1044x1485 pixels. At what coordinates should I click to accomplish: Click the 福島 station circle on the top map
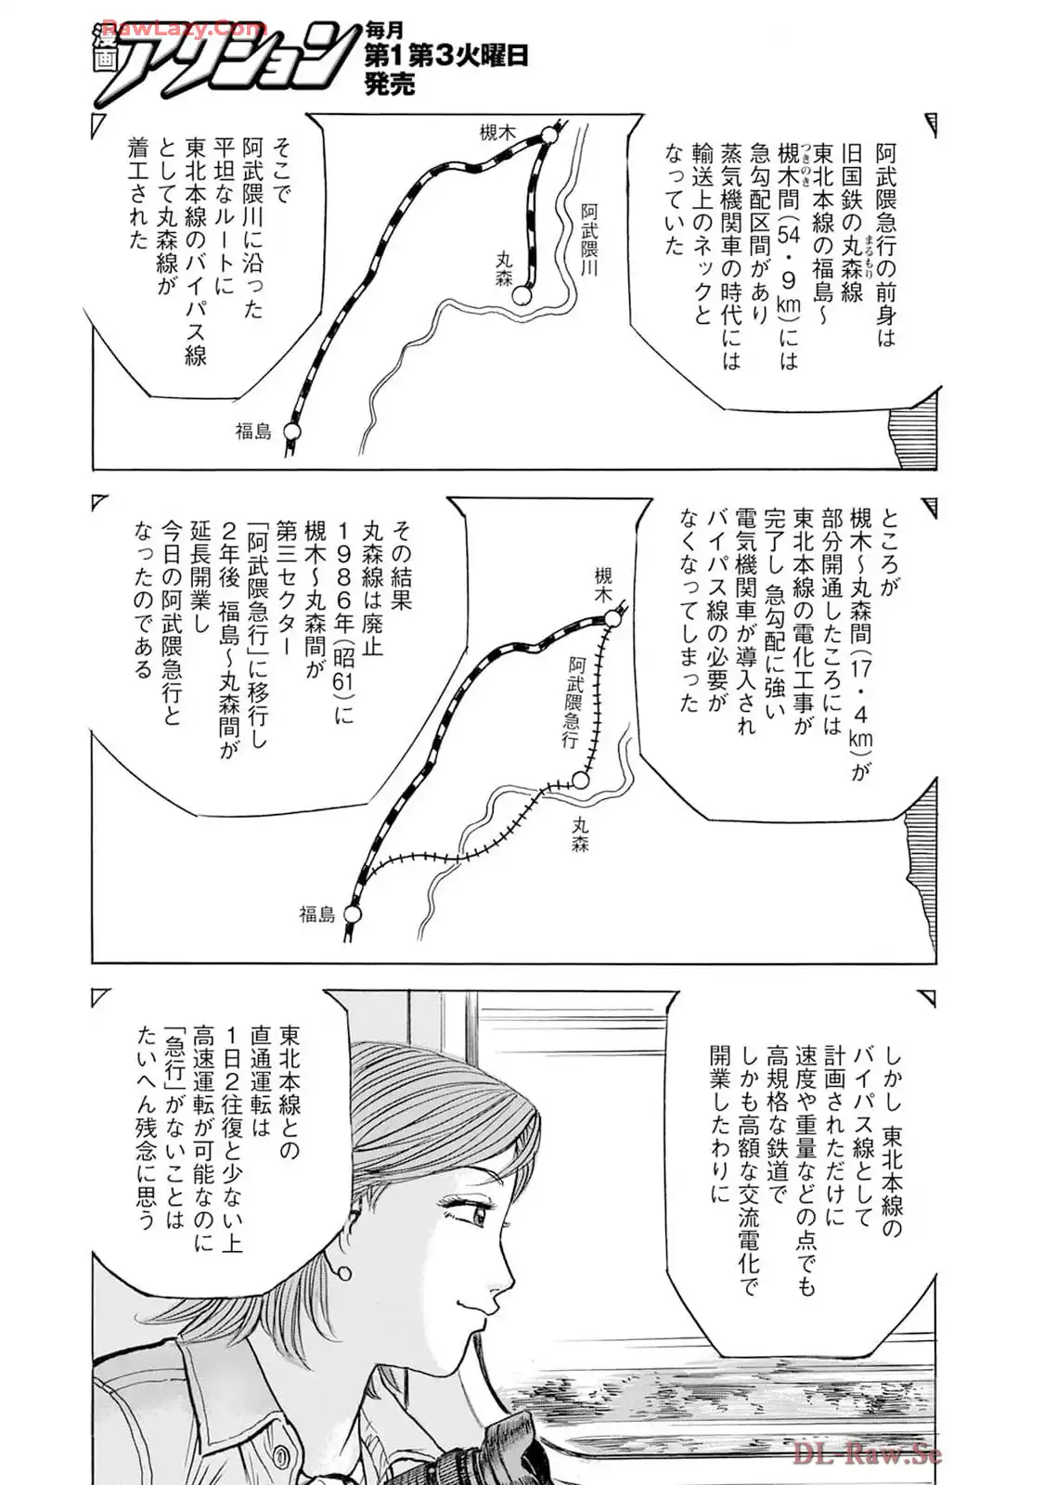tap(293, 432)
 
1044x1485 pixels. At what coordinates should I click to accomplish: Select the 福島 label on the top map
tap(253, 431)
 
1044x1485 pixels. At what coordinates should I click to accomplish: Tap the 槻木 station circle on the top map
tap(549, 136)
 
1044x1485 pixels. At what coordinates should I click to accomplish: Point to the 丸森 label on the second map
tap(582, 833)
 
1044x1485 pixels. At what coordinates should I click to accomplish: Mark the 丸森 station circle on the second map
tap(581, 781)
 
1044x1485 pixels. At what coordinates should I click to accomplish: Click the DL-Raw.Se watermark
tap(868, 1452)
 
